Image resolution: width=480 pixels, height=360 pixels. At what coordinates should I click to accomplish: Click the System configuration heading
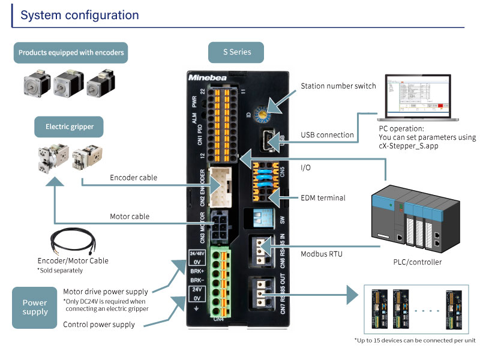coord(80,15)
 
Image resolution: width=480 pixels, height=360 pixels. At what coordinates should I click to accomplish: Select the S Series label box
coord(237,52)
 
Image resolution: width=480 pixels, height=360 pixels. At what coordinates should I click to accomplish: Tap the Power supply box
coord(35,307)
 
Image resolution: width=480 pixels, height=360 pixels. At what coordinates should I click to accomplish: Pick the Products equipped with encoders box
coord(71,52)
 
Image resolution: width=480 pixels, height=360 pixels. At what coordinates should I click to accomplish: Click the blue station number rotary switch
coord(264,110)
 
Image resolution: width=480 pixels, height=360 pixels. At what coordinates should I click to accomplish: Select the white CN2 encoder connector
coord(223,185)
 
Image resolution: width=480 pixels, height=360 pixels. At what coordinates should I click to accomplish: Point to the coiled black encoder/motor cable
coord(71,242)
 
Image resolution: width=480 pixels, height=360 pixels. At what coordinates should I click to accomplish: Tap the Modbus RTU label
coord(322,254)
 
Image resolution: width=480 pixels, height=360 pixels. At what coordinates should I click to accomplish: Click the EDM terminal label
coord(323,197)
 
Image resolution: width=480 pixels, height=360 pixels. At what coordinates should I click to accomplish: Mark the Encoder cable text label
coord(134,178)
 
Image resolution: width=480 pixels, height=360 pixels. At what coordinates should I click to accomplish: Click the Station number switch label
coord(338,86)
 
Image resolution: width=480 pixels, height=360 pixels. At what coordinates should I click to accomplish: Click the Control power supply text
coord(99,325)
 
